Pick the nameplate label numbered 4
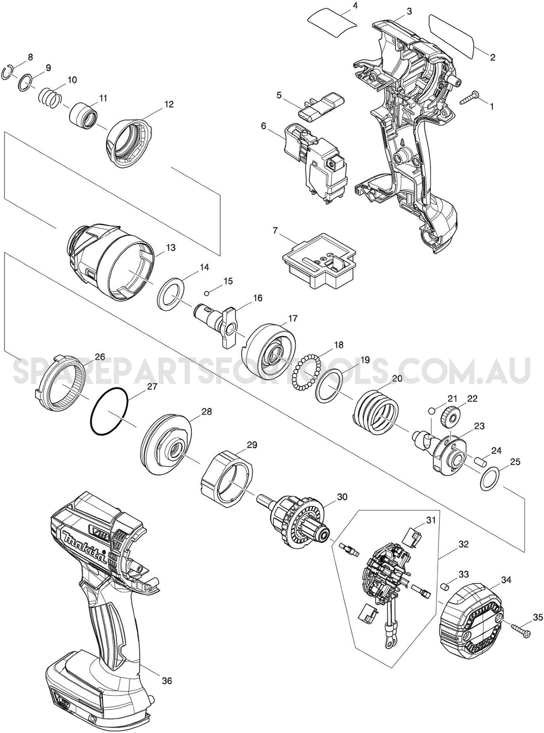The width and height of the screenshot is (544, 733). [x=332, y=20]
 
